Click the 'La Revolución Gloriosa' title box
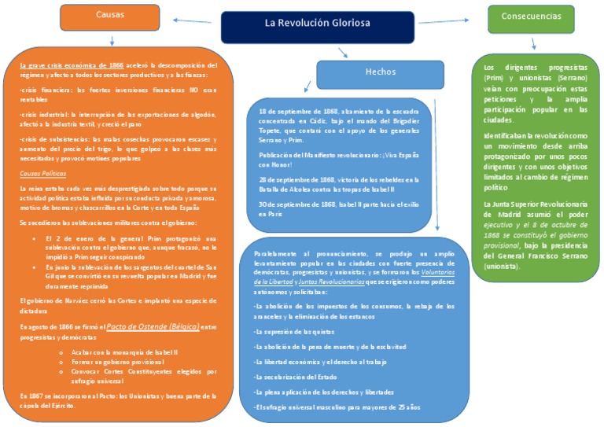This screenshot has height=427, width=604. click(x=317, y=24)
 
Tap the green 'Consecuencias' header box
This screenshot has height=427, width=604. click(x=531, y=17)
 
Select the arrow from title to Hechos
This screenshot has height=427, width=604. click(x=342, y=53)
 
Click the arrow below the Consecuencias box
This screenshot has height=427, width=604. click(x=534, y=44)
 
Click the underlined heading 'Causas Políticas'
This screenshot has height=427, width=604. click(x=42, y=174)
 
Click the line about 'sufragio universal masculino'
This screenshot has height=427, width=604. click(x=338, y=407)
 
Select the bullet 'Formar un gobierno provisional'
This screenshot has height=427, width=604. click(x=117, y=362)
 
